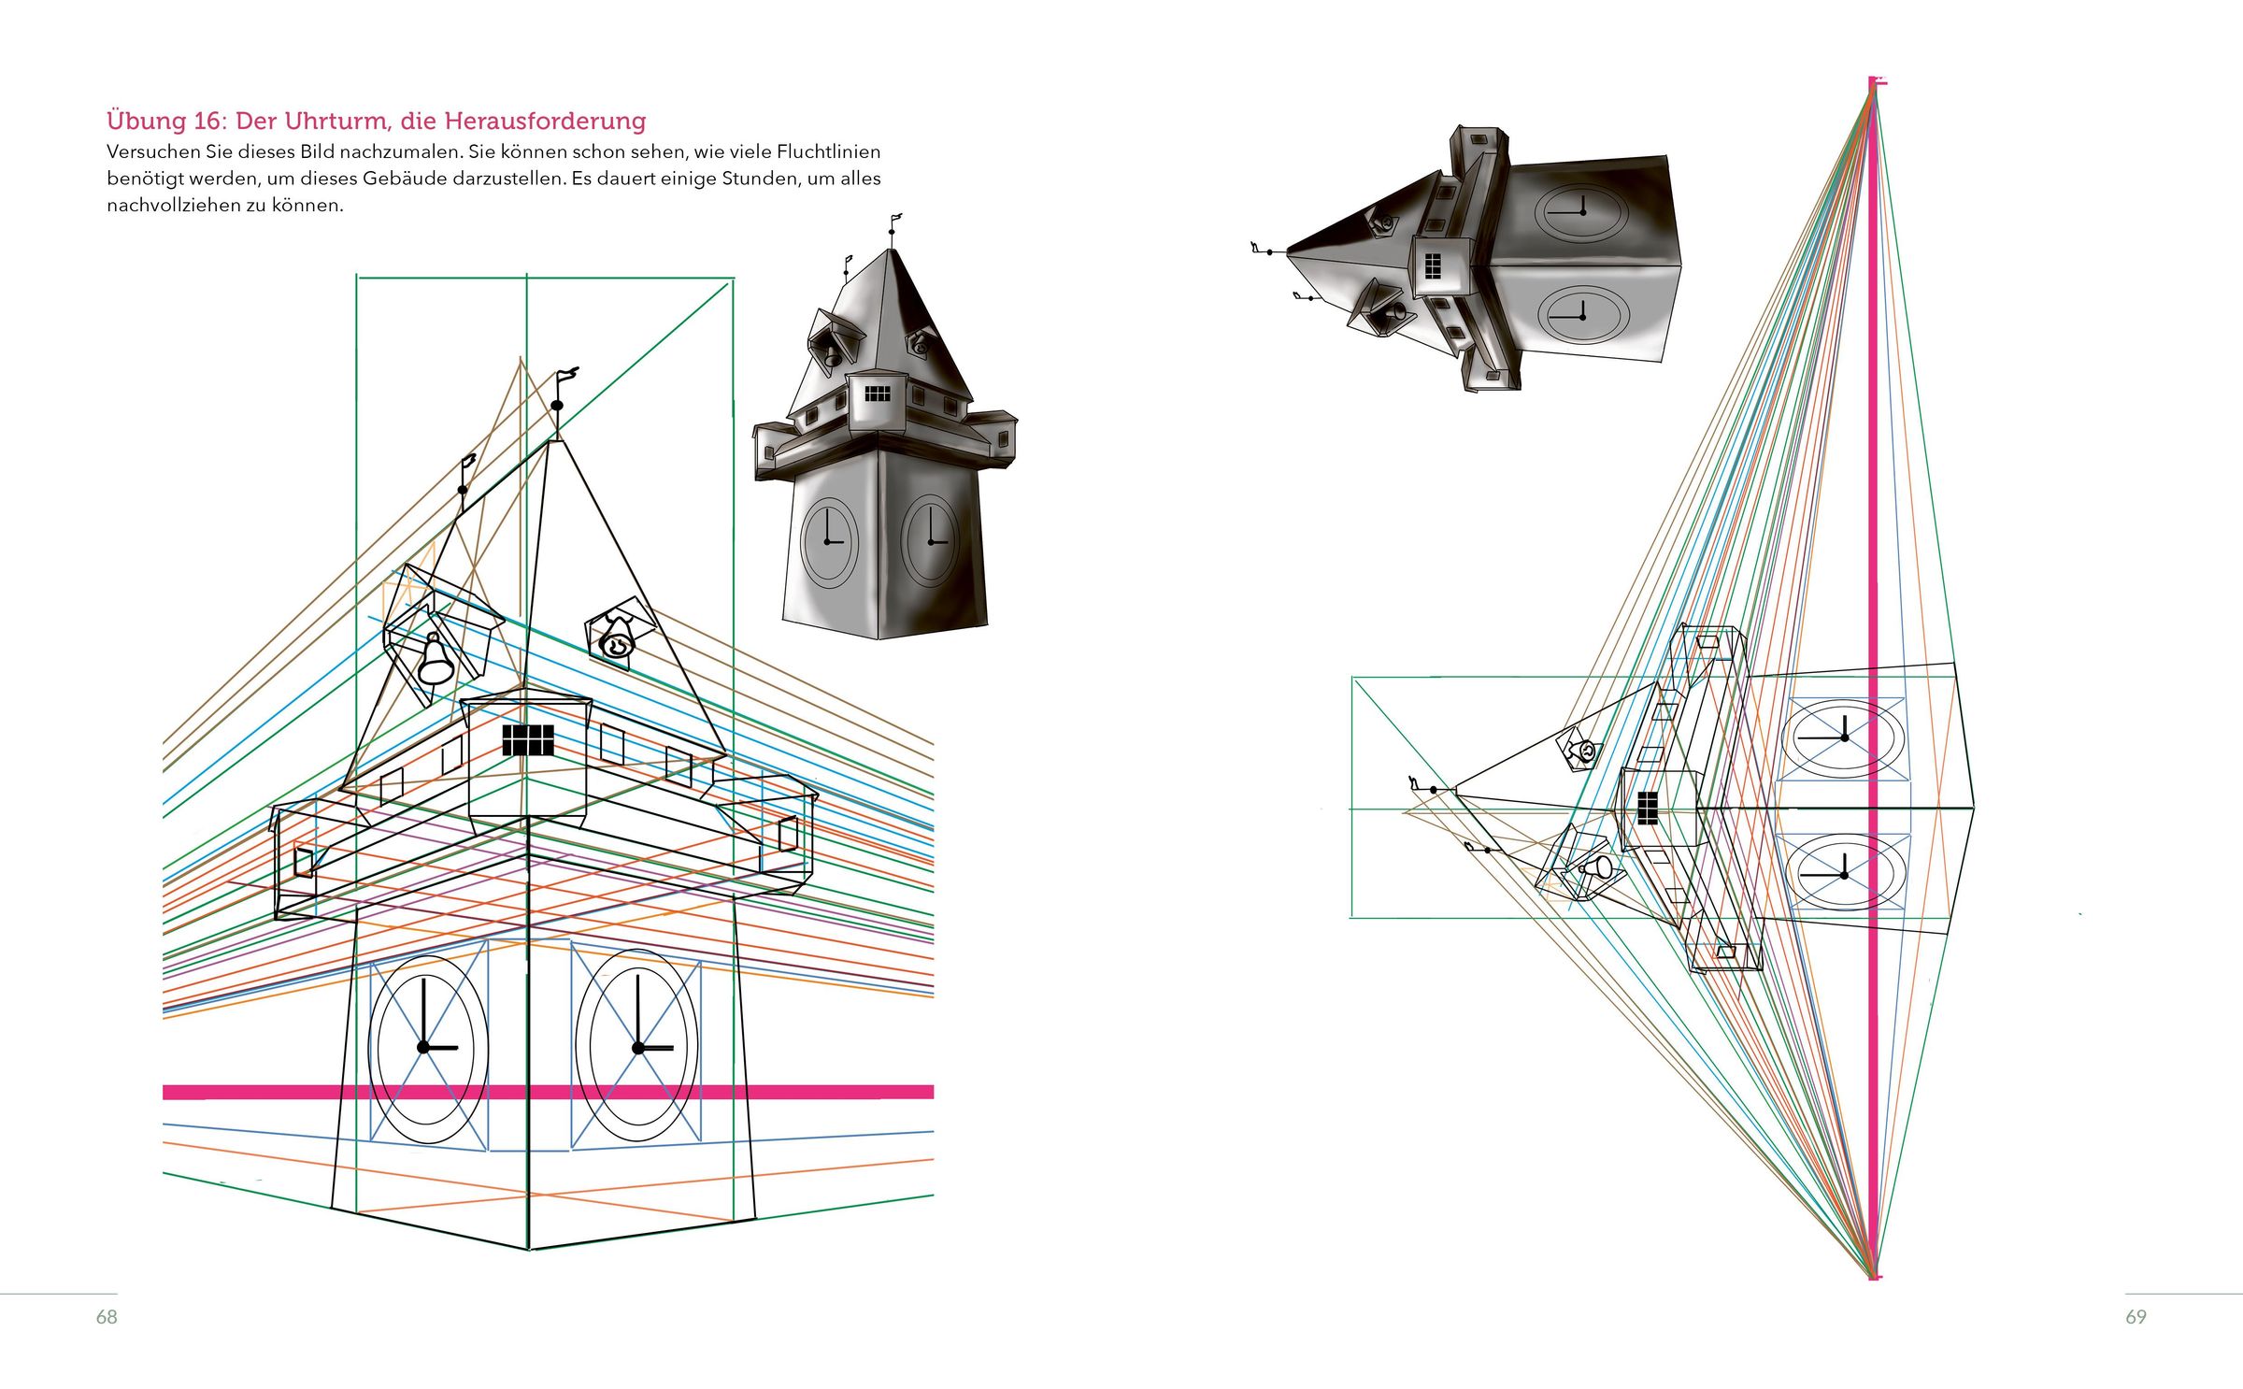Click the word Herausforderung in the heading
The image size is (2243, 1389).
click(545, 122)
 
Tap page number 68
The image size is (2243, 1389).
click(107, 1317)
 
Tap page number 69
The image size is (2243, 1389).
click(2136, 1317)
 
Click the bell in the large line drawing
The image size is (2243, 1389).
click(435, 660)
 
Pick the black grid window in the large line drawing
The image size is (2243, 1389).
click(528, 740)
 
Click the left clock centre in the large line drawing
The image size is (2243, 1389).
click(423, 1047)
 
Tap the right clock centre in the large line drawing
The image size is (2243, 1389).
click(638, 1048)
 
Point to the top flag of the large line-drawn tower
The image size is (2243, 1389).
click(564, 376)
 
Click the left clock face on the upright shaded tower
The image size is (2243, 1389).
click(829, 542)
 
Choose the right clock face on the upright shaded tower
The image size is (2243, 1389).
click(931, 541)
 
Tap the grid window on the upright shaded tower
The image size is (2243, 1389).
click(877, 394)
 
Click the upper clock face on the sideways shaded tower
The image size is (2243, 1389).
click(1581, 213)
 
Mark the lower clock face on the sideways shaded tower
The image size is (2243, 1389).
click(1581, 316)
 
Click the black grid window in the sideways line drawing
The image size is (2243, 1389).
click(1648, 808)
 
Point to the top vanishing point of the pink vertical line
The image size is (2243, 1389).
click(1873, 86)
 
